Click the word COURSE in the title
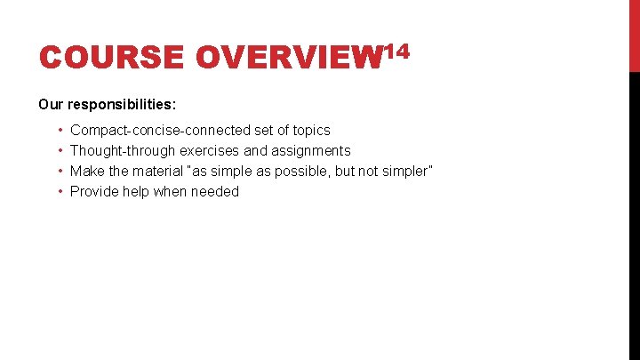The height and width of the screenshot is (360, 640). (x=111, y=58)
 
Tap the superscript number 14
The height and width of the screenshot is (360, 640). (x=395, y=52)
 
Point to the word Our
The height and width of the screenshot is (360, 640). (x=50, y=104)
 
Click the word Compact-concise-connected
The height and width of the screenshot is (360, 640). (x=160, y=131)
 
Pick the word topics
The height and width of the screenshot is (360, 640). (x=310, y=131)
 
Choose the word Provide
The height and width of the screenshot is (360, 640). (x=93, y=192)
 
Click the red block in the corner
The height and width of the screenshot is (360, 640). (x=634, y=36)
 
